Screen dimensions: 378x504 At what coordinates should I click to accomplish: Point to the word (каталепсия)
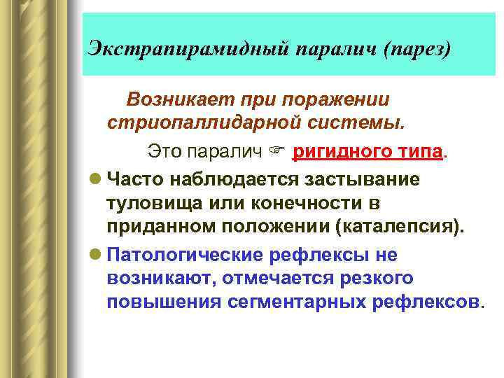point(398,227)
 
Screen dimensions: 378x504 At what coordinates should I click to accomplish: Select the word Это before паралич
point(162,150)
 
